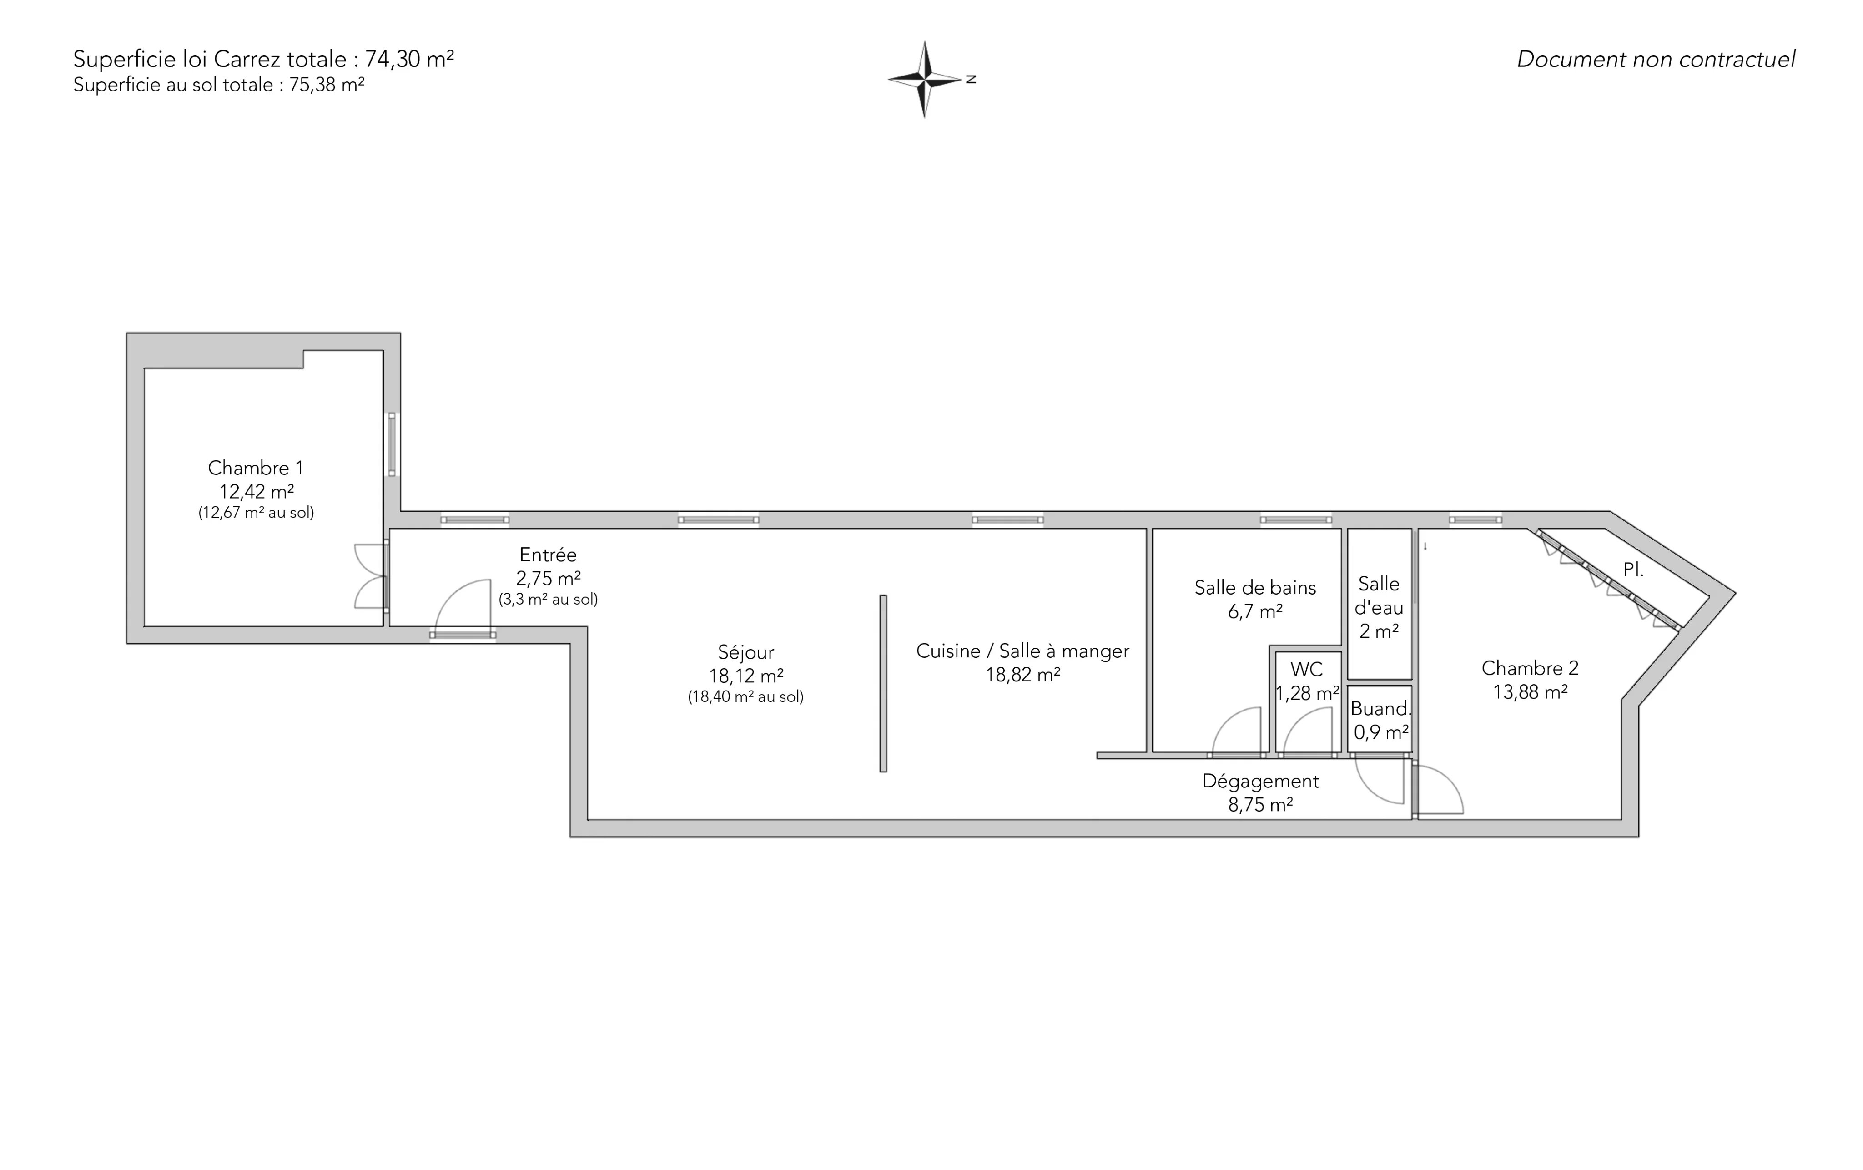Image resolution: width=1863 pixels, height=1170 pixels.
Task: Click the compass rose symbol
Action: pos(925,79)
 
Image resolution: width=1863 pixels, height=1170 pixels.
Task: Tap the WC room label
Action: pos(1307,669)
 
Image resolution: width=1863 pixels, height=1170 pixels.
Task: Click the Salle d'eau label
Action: pos(1379,596)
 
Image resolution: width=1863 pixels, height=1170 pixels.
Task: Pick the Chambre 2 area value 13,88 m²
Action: pos(1530,692)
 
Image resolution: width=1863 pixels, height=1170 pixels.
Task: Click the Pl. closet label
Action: pos(1633,570)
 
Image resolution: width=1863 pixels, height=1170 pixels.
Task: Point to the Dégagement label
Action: pos(1260,782)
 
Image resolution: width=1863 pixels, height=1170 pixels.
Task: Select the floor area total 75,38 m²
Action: pos(327,85)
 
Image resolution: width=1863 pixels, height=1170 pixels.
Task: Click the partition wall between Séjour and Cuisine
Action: pos(883,683)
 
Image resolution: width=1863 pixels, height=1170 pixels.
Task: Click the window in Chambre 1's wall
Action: pos(392,444)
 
